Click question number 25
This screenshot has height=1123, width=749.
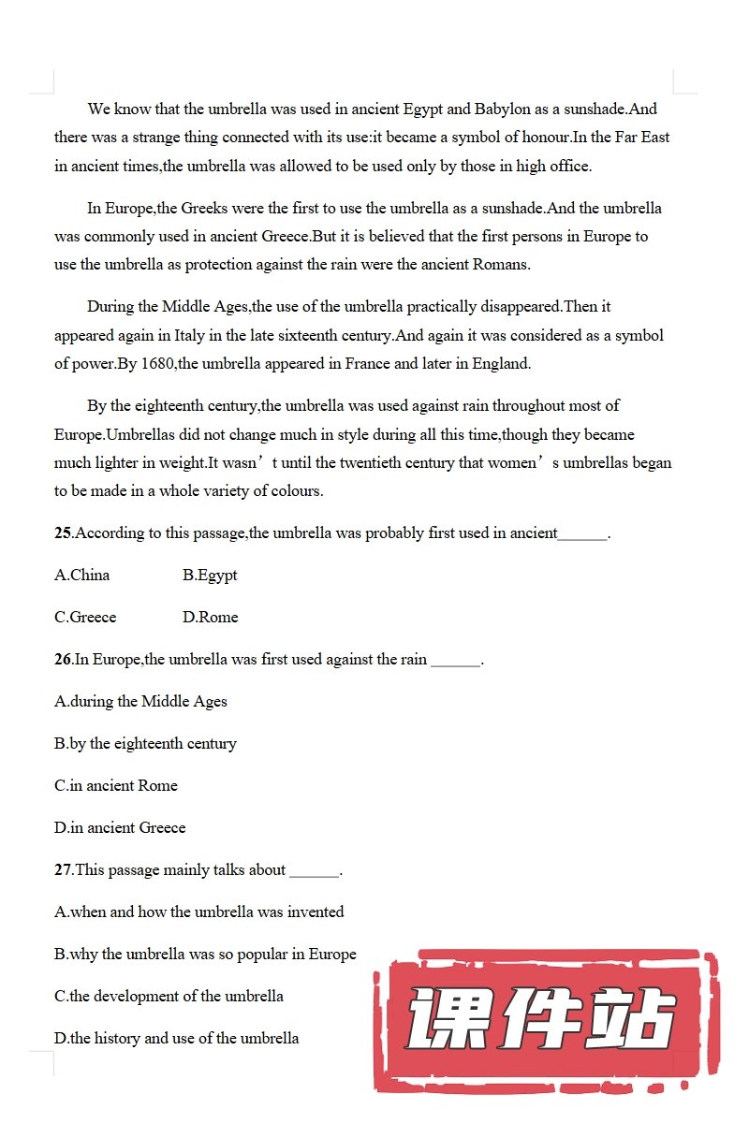coord(63,533)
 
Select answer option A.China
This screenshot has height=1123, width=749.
coord(82,576)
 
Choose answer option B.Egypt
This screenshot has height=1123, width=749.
coord(210,576)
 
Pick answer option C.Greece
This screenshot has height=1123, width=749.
coord(85,618)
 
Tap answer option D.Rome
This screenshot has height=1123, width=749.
coord(210,618)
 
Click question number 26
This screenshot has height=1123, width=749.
coord(63,660)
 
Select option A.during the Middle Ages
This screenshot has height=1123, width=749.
coord(140,702)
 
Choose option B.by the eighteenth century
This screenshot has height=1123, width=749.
coord(145,744)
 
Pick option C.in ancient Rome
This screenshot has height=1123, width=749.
coord(116,786)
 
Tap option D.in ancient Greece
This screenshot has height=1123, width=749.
coord(120,828)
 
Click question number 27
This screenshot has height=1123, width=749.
coord(63,870)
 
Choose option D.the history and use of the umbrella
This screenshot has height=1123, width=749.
coord(177,1039)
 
